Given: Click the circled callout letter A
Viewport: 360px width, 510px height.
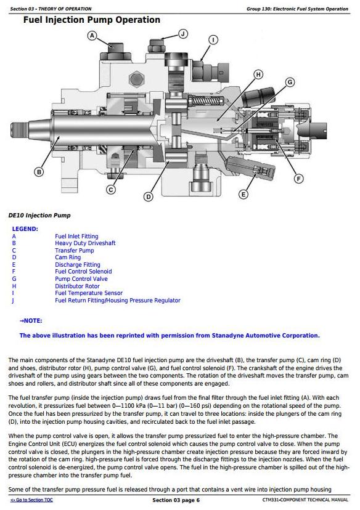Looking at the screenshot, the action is click(92, 36).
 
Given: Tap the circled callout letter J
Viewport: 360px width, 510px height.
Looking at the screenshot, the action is click(183, 34).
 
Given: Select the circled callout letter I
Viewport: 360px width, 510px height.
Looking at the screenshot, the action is click(213, 40).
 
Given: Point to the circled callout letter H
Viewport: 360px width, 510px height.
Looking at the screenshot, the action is click(258, 75).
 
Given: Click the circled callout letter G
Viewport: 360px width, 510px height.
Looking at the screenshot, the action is click(290, 82).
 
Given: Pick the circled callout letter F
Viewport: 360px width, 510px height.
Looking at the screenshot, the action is click(298, 179).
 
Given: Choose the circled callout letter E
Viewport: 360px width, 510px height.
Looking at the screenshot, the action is click(243, 195).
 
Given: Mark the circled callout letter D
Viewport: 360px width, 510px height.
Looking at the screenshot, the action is click(149, 196).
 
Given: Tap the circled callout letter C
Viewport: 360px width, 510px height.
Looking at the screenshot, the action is click(111, 190).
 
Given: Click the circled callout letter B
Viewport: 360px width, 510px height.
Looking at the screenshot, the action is click(39, 172).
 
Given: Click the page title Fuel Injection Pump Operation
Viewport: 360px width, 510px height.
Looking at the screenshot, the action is click(92, 20).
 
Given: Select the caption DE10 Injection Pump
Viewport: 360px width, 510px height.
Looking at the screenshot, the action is click(39, 216).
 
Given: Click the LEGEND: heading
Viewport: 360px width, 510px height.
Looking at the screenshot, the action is click(25, 229).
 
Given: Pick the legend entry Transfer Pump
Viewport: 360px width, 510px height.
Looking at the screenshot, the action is click(75, 251).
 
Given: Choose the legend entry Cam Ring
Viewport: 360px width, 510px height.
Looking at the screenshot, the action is click(68, 257).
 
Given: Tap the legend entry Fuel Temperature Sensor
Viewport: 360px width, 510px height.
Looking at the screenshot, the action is click(89, 293).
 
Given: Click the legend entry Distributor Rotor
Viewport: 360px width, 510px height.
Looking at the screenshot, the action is click(78, 286).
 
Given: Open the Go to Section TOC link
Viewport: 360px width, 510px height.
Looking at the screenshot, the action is click(31, 500).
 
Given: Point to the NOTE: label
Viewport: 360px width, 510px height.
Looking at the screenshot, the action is click(31, 321).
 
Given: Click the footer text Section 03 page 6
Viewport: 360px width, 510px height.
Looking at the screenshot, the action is click(176, 500).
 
